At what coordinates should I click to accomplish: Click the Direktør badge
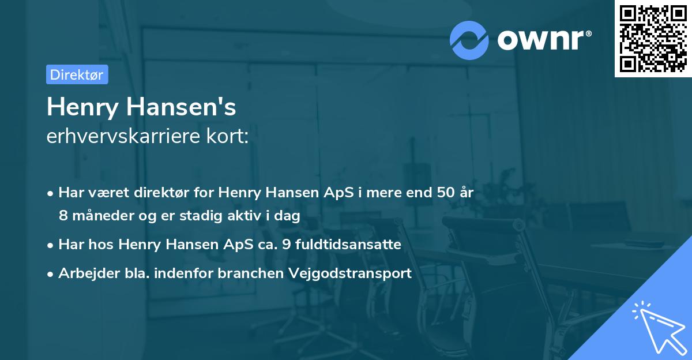coord(77,74)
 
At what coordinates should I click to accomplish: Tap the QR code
coord(653,38)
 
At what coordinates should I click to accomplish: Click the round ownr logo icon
coord(469,40)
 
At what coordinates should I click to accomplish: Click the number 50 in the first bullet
coord(445,193)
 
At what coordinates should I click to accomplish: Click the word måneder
coord(93,216)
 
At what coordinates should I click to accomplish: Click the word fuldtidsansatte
coord(344,245)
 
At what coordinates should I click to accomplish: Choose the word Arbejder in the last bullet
coord(84,273)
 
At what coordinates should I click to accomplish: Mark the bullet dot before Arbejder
coord(51,274)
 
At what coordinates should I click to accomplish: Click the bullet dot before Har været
coord(51,193)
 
